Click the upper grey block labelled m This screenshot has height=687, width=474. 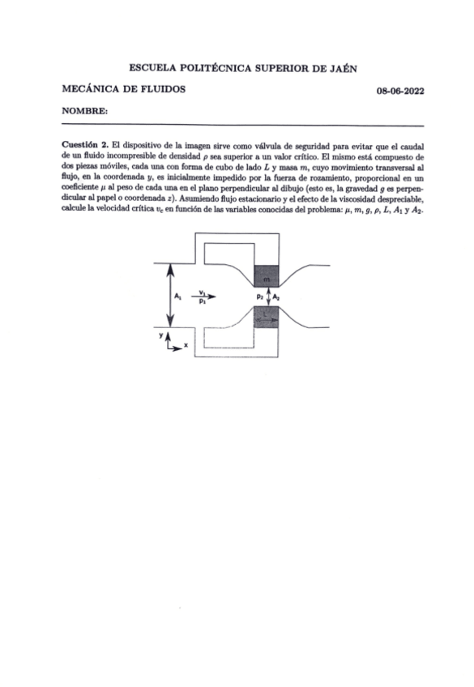[x=267, y=278]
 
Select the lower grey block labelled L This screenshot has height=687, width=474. [x=267, y=320]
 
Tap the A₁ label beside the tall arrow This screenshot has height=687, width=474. [x=177, y=297]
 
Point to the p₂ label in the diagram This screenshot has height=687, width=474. [x=258, y=297]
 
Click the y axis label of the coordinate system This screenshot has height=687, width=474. [x=161, y=335]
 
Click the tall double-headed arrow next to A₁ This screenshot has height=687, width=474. [x=168, y=296]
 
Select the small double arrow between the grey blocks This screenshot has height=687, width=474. [x=267, y=297]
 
